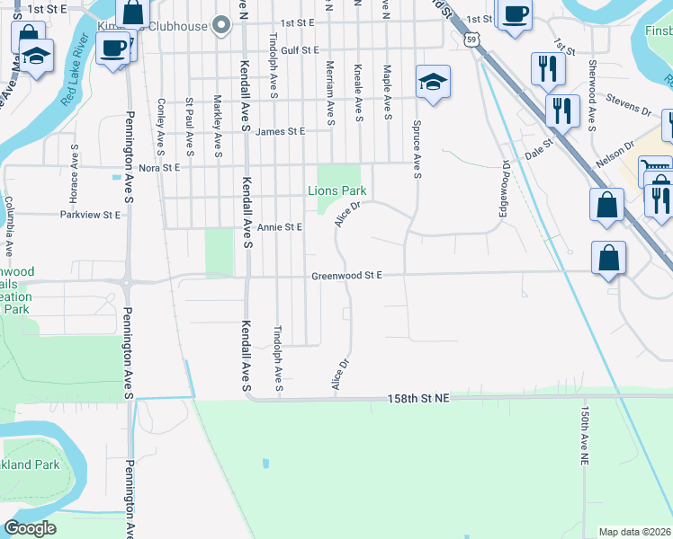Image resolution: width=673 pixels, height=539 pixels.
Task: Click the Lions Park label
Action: click(x=337, y=190)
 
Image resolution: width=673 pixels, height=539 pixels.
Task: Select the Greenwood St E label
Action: click(x=347, y=276)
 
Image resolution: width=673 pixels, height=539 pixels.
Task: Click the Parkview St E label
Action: click(x=90, y=216)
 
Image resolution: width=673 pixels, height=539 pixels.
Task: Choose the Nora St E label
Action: click(x=159, y=167)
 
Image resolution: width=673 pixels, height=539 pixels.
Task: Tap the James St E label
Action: click(x=280, y=131)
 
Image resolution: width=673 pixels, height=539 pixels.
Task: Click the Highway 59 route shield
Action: click(x=471, y=39)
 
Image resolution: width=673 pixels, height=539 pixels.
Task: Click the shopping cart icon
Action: click(x=654, y=168)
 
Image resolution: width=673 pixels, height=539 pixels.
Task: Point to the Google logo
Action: click(x=30, y=528)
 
